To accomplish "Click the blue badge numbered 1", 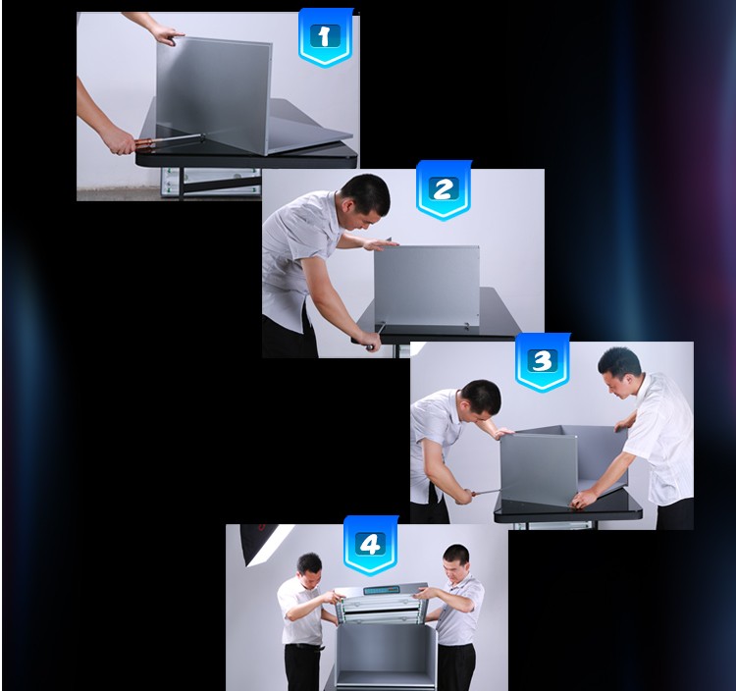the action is point(325,37).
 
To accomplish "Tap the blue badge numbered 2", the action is point(444,189).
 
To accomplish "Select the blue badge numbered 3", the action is point(543,362).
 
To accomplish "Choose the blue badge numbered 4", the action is point(371,545).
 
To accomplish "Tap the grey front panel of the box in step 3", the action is point(539,469).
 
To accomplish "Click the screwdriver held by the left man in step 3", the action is point(486,492).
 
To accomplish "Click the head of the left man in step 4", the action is point(310,569).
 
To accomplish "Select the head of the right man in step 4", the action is point(455,562).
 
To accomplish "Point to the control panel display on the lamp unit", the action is point(382,590).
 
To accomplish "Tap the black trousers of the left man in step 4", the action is point(303,666).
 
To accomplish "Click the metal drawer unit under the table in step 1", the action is point(210,182).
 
